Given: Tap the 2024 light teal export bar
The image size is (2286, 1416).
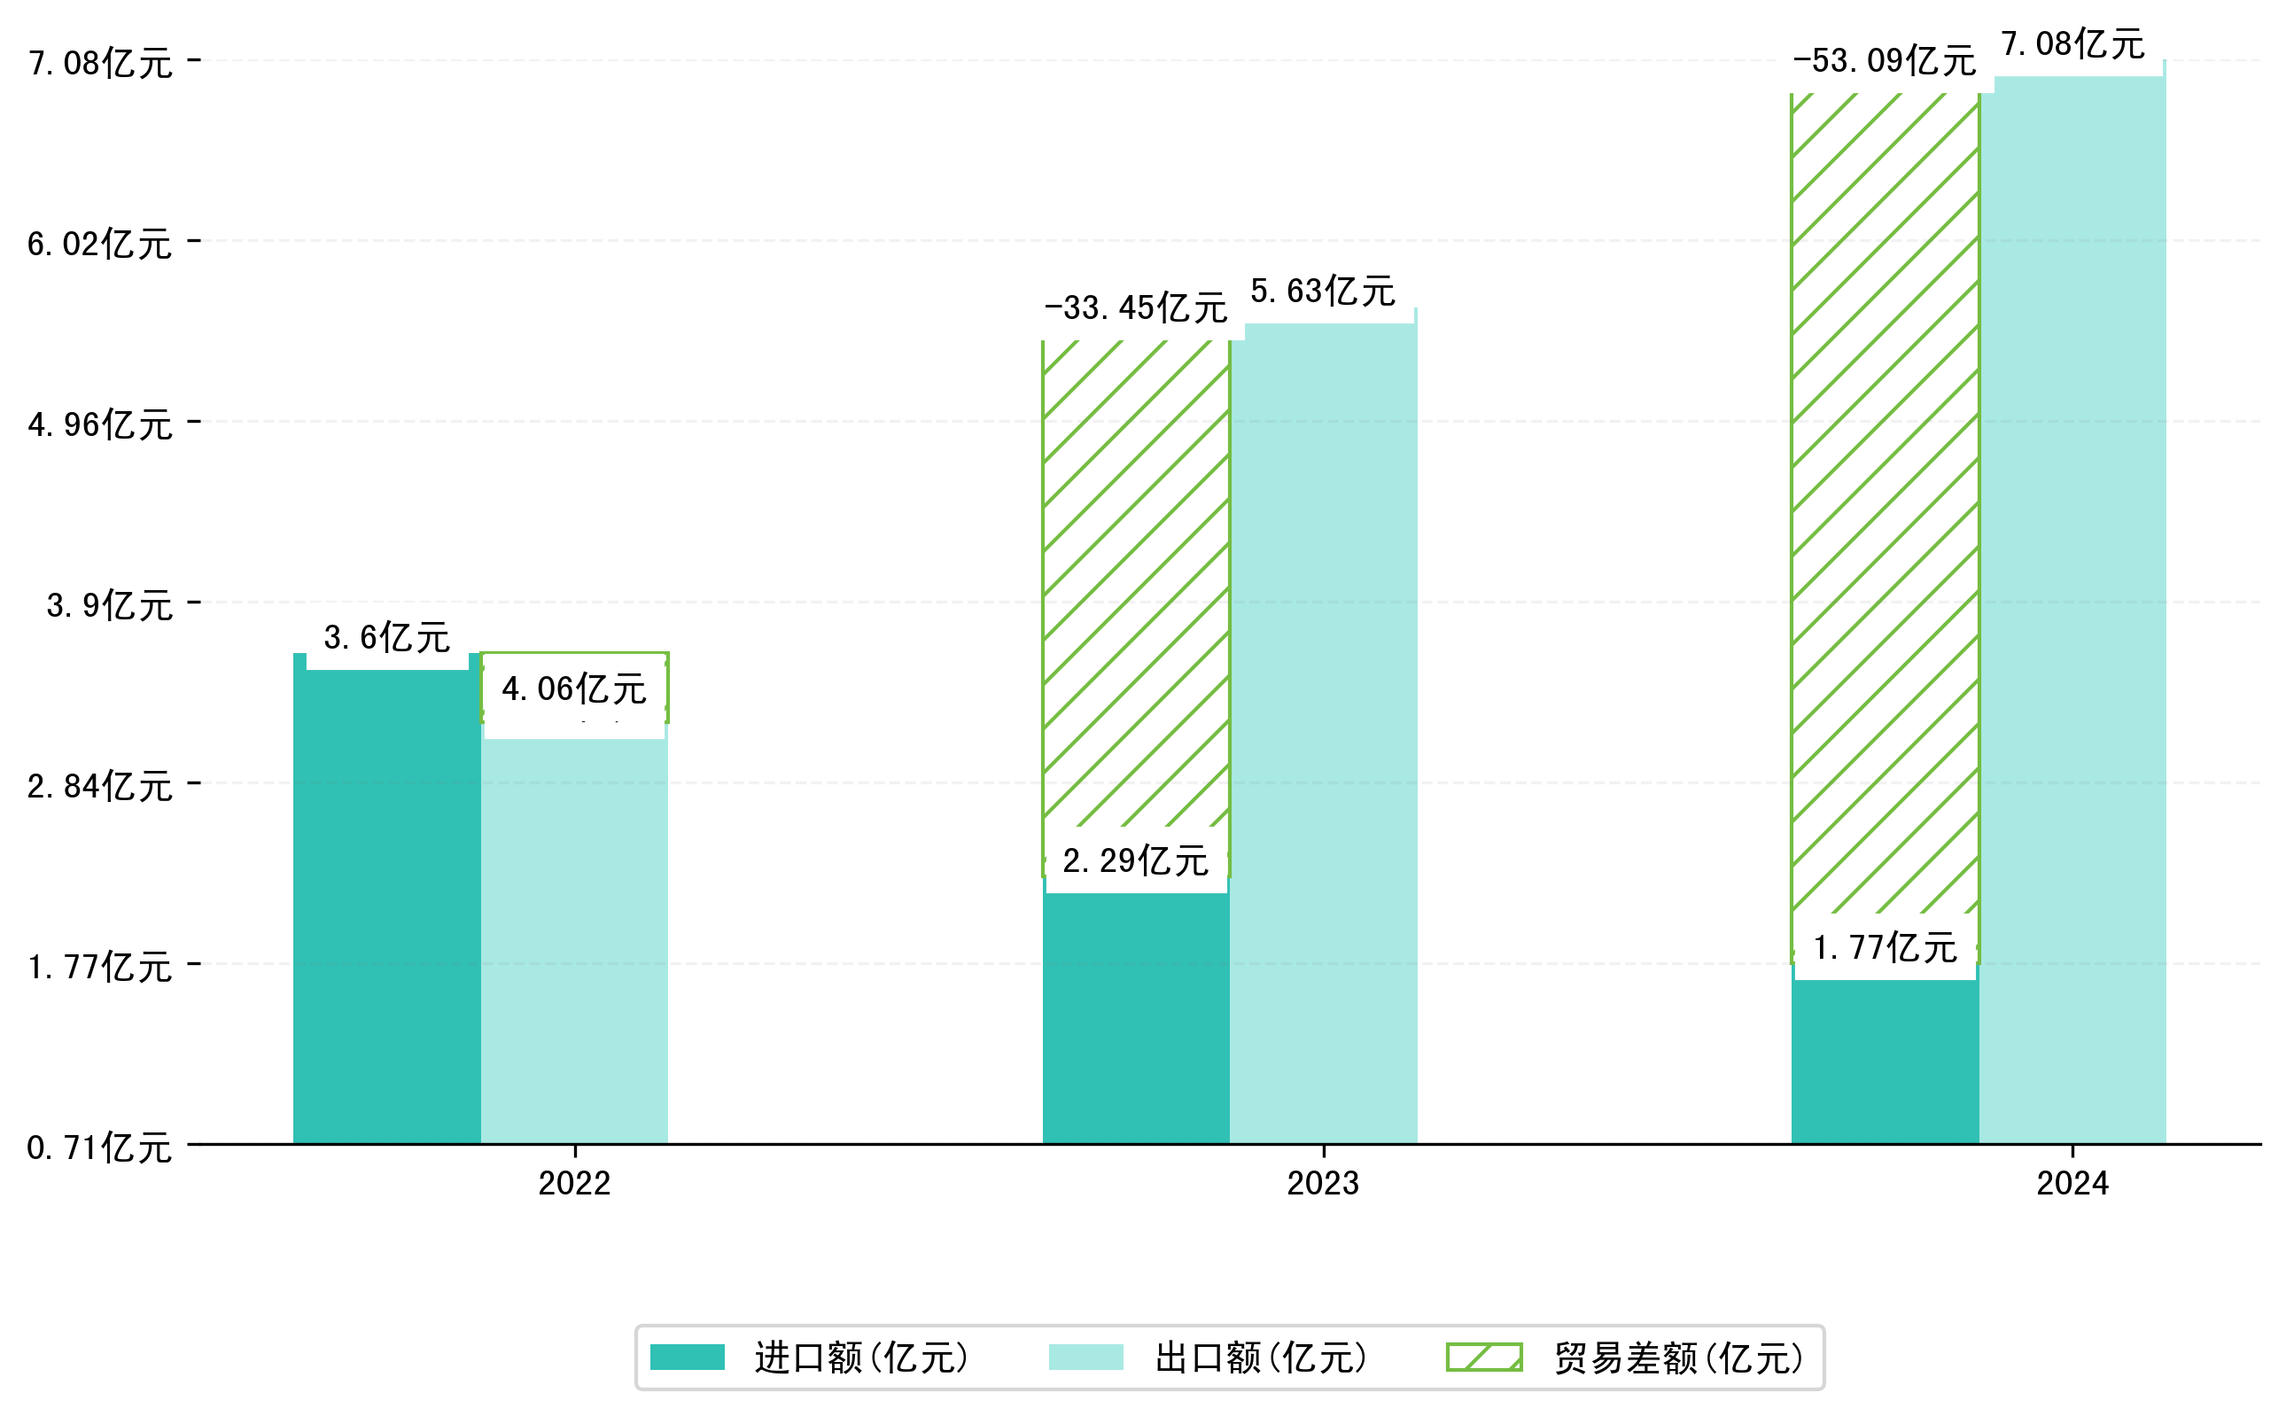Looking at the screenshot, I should (x=2072, y=609).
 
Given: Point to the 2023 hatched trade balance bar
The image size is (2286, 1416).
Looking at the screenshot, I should (x=1135, y=580).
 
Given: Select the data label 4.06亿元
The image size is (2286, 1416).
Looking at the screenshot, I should (x=573, y=689).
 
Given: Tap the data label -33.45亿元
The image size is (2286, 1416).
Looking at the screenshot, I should (x=1135, y=307).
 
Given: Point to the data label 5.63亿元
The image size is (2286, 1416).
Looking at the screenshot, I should (x=1322, y=292).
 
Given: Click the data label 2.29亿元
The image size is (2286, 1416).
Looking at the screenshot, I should (x=1135, y=860).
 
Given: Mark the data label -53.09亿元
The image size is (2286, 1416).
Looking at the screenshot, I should (x=1885, y=61).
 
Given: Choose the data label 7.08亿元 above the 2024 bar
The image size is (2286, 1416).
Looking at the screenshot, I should (x=2072, y=44).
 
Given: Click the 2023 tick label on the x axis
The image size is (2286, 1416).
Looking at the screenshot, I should (x=1322, y=1184).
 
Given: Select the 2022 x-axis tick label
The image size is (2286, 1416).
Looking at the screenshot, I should (x=574, y=1184).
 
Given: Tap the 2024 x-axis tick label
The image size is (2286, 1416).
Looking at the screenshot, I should (x=2072, y=1184).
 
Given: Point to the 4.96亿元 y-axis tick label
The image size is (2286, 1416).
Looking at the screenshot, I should (x=100, y=425).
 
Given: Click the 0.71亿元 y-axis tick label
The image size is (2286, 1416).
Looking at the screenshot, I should (x=99, y=1148).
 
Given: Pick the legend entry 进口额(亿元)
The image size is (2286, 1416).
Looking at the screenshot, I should (x=860, y=1358).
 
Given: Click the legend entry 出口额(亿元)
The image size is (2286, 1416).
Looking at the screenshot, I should (x=1261, y=1358).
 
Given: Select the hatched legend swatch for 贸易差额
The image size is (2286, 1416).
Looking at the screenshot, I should (x=1483, y=1357).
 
